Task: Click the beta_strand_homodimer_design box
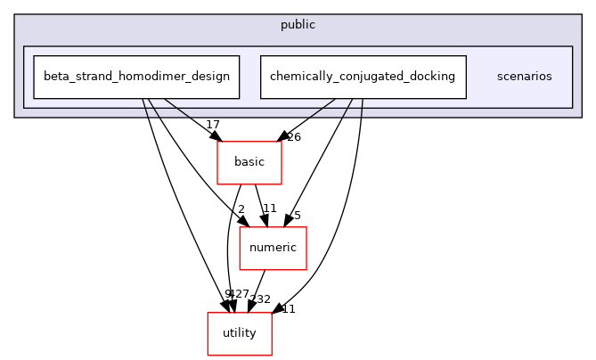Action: coord(135,77)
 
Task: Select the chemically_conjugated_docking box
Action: coord(363,77)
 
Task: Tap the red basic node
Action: coord(249,162)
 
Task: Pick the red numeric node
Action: coord(273,248)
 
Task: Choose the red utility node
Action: coord(239,333)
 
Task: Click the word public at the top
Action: coord(298,25)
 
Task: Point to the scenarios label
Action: coord(524,77)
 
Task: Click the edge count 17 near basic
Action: coord(213,125)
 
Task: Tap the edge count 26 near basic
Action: coord(294,137)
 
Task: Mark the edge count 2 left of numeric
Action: coord(241,209)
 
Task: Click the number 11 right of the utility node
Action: coord(288,308)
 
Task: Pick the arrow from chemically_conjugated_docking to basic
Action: coord(307,119)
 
